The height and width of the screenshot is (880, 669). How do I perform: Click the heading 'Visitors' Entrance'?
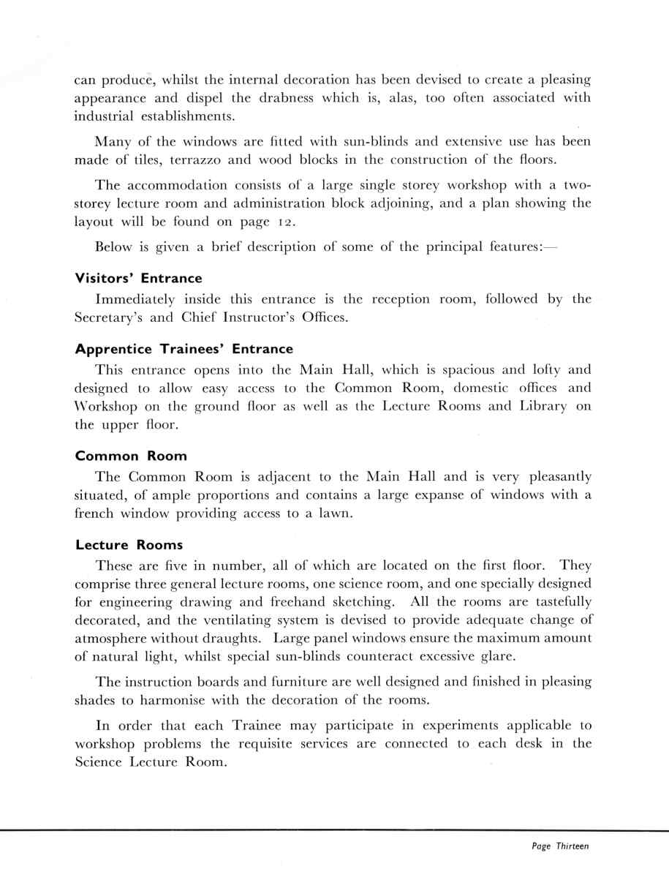[139, 279]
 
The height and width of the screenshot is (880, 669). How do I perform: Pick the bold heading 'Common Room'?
[131, 456]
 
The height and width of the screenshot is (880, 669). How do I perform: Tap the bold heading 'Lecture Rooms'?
[129, 545]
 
